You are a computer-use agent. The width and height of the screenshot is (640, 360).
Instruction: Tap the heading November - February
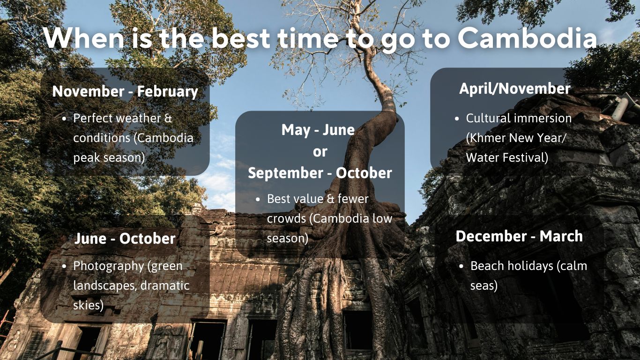pyautogui.click(x=125, y=91)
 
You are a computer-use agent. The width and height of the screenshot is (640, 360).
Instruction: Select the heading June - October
pyautogui.click(x=125, y=239)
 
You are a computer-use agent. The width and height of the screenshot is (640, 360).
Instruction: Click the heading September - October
pyautogui.click(x=320, y=173)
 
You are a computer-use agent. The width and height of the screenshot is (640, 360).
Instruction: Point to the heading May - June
pyautogui.click(x=318, y=130)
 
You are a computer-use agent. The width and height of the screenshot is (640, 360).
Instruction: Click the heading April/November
pyautogui.click(x=514, y=89)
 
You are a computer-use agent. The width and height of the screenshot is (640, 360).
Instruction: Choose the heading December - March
pyautogui.click(x=519, y=236)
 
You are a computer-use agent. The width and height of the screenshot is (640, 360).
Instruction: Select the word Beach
pyautogui.click(x=487, y=266)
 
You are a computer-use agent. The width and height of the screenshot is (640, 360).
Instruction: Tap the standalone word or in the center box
pyautogui.click(x=320, y=152)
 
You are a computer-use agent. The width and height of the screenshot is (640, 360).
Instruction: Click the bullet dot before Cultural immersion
pyautogui.click(x=457, y=119)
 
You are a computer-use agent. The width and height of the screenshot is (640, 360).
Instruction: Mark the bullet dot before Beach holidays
pyautogui.click(x=461, y=266)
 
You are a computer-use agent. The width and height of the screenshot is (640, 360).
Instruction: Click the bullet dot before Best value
pyautogui.click(x=258, y=199)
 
